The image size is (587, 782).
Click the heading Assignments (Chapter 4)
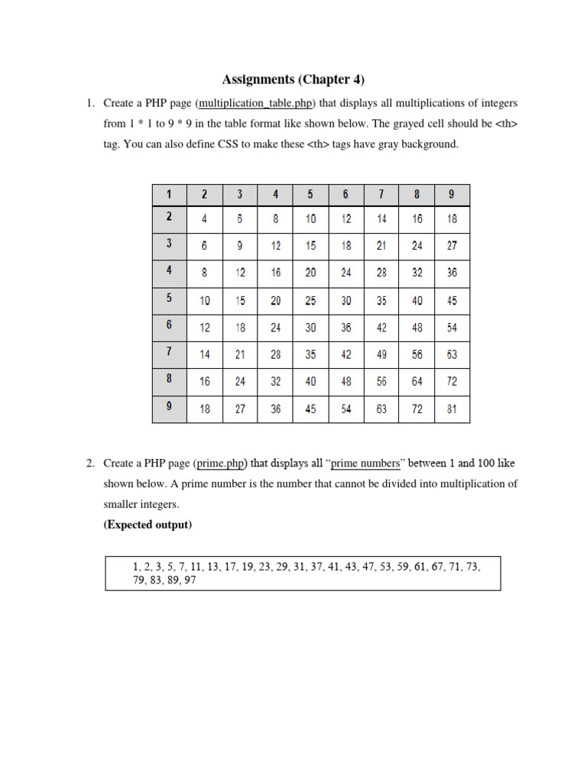[x=293, y=79]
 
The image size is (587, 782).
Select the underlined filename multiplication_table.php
[x=255, y=103]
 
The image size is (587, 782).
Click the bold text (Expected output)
[x=148, y=525]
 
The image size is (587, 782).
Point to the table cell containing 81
[x=452, y=409]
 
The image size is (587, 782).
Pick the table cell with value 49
[x=381, y=354]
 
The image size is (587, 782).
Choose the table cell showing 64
[x=417, y=382]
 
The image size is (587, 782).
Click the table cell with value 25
[x=311, y=301]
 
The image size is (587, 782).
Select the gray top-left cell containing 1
[x=169, y=194]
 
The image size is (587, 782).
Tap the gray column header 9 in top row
[x=452, y=194]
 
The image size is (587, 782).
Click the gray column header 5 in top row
[x=311, y=194]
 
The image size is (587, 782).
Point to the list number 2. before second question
[x=90, y=463]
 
